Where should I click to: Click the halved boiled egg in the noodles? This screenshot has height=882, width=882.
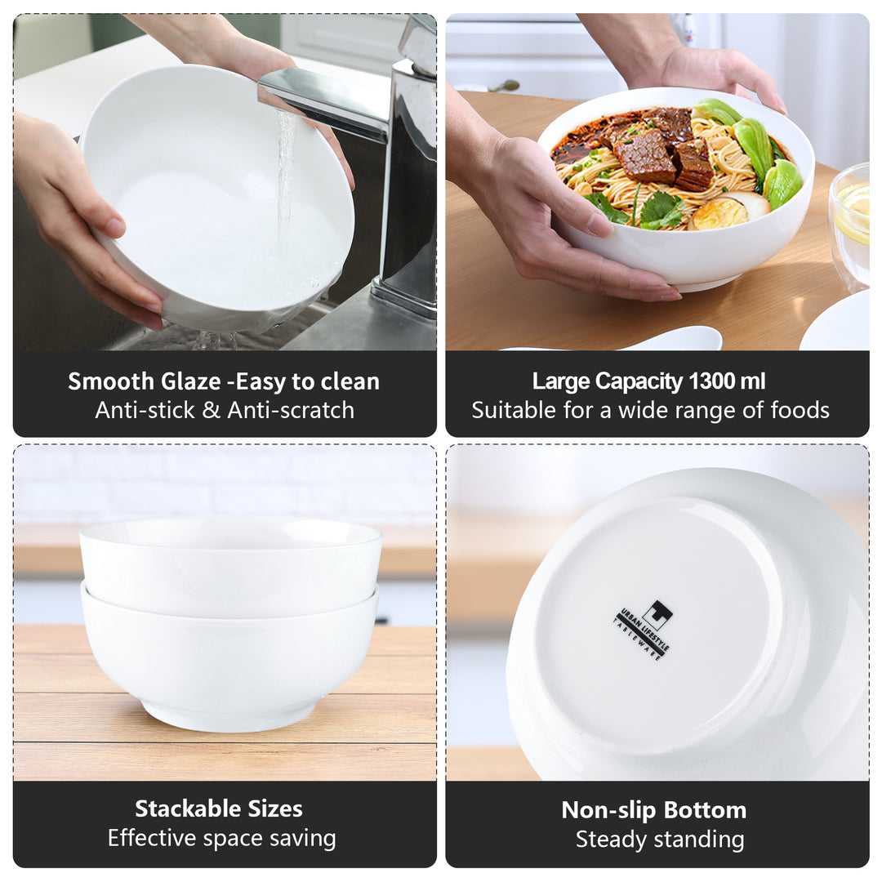719,213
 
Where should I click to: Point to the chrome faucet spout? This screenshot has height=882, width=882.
327,98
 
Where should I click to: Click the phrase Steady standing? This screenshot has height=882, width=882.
659,840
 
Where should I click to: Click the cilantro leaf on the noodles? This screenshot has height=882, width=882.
661,208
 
